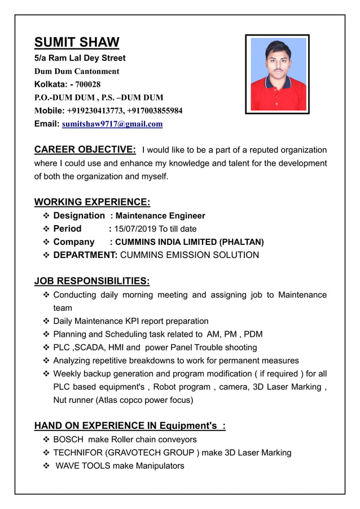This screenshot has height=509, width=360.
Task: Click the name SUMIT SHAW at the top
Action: coord(77,42)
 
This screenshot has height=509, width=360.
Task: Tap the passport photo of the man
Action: coord(277,73)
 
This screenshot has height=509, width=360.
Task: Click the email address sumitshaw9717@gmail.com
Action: coord(112,124)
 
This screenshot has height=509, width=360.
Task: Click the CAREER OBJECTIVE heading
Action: coord(85,150)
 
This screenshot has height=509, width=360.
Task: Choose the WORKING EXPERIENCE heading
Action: coord(92,202)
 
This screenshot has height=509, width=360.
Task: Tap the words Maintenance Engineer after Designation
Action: coord(160,216)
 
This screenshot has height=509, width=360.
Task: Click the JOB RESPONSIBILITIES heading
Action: coord(92,280)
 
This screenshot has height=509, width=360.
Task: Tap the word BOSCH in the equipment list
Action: coord(68,439)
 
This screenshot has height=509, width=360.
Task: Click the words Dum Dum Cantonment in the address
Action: coord(77,71)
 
